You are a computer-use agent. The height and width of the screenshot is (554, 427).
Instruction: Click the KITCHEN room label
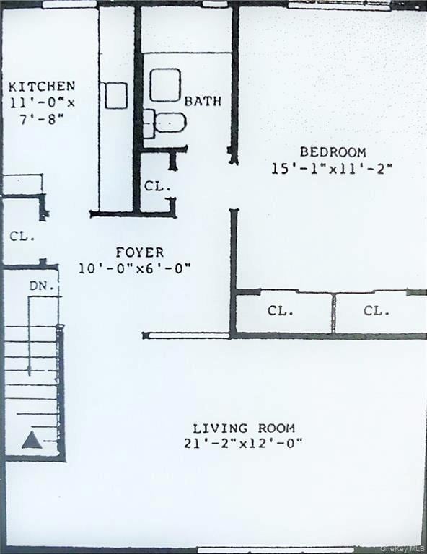[x=41, y=86]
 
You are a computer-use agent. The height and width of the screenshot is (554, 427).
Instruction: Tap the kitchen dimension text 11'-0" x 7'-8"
[x=41, y=110]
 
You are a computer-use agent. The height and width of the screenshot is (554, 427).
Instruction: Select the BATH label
[x=203, y=101]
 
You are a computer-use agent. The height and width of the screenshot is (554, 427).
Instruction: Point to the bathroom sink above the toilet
[x=165, y=85]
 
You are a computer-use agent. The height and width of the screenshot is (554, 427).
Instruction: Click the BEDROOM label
[x=333, y=152]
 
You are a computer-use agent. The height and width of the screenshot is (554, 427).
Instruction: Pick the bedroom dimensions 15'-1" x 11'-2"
[x=332, y=169]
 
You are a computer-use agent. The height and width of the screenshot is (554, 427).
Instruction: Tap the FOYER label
[x=140, y=252]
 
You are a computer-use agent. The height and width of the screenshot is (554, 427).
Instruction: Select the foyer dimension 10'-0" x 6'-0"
[x=135, y=268]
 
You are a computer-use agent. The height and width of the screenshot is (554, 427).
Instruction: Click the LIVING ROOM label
[x=243, y=428]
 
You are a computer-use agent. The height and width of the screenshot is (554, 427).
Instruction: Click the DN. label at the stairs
[x=41, y=286]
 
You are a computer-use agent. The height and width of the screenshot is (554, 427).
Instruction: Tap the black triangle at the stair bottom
[x=31, y=440]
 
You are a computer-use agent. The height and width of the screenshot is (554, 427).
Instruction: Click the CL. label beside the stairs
[x=22, y=236]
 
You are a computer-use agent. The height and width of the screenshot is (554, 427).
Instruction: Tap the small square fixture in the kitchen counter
[x=115, y=95]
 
